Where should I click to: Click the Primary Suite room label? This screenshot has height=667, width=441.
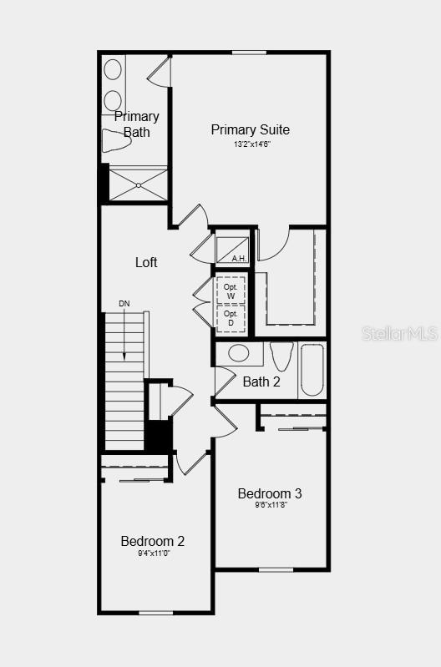[250, 129]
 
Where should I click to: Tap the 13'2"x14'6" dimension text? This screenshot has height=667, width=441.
[251, 144]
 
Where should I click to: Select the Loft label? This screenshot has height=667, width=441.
[146, 262]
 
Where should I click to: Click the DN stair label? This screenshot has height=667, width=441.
[124, 303]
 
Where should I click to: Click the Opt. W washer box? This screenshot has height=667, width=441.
[231, 291]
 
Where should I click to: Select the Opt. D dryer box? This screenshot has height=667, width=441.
[231, 318]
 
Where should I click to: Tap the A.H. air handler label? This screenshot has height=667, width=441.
[239, 259]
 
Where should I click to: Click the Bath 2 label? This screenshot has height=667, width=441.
[261, 382]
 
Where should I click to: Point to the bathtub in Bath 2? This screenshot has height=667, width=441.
[312, 370]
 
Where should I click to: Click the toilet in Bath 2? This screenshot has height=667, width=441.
[281, 355]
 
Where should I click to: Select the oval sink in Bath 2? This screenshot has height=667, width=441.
[239, 353]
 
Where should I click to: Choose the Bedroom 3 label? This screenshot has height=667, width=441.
[270, 493]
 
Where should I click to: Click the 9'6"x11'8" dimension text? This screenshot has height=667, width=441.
[270, 506]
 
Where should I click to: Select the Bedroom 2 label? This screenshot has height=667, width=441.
[153, 541]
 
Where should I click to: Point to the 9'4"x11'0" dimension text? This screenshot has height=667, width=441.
[154, 553]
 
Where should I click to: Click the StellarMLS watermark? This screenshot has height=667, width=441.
[399, 334]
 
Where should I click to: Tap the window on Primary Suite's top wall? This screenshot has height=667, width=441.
[249, 53]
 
